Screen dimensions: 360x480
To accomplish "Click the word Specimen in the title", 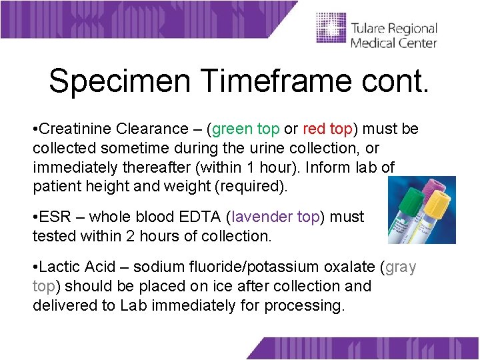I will [119, 81].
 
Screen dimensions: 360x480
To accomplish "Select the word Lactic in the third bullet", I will [62, 267].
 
